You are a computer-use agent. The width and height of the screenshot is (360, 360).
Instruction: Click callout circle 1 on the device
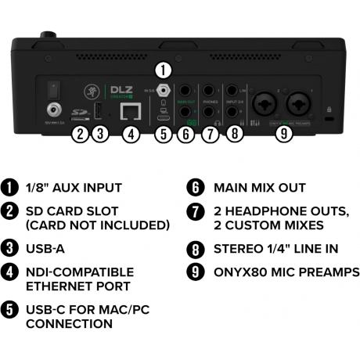coord(163,68)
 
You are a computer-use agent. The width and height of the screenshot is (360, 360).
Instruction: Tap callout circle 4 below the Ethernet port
coord(132,134)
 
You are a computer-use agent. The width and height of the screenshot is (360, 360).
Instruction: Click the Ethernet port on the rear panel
coord(132,110)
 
